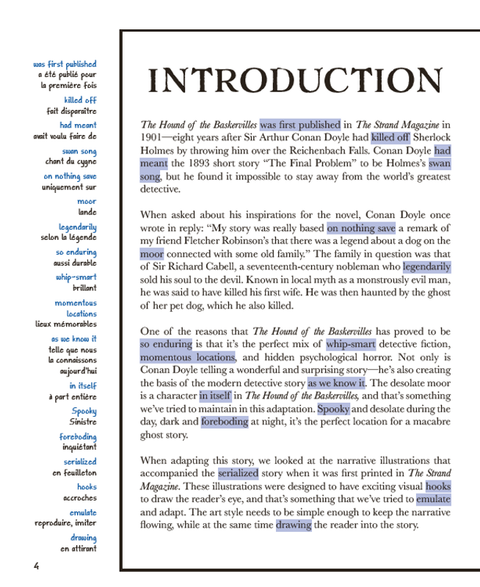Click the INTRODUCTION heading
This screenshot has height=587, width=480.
coord(295,81)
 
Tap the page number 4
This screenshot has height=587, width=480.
coord(36,565)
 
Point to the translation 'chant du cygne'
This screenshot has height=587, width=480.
coord(70,161)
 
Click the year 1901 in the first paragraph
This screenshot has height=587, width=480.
coord(152,136)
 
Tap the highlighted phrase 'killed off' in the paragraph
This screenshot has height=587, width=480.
coord(390,136)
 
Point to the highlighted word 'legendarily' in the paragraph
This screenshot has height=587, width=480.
coord(426,266)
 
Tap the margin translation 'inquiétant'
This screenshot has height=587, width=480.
coord(79,447)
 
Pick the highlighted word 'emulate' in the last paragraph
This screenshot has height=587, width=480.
coord(433,499)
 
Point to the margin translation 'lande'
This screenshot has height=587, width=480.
coord(87,212)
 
